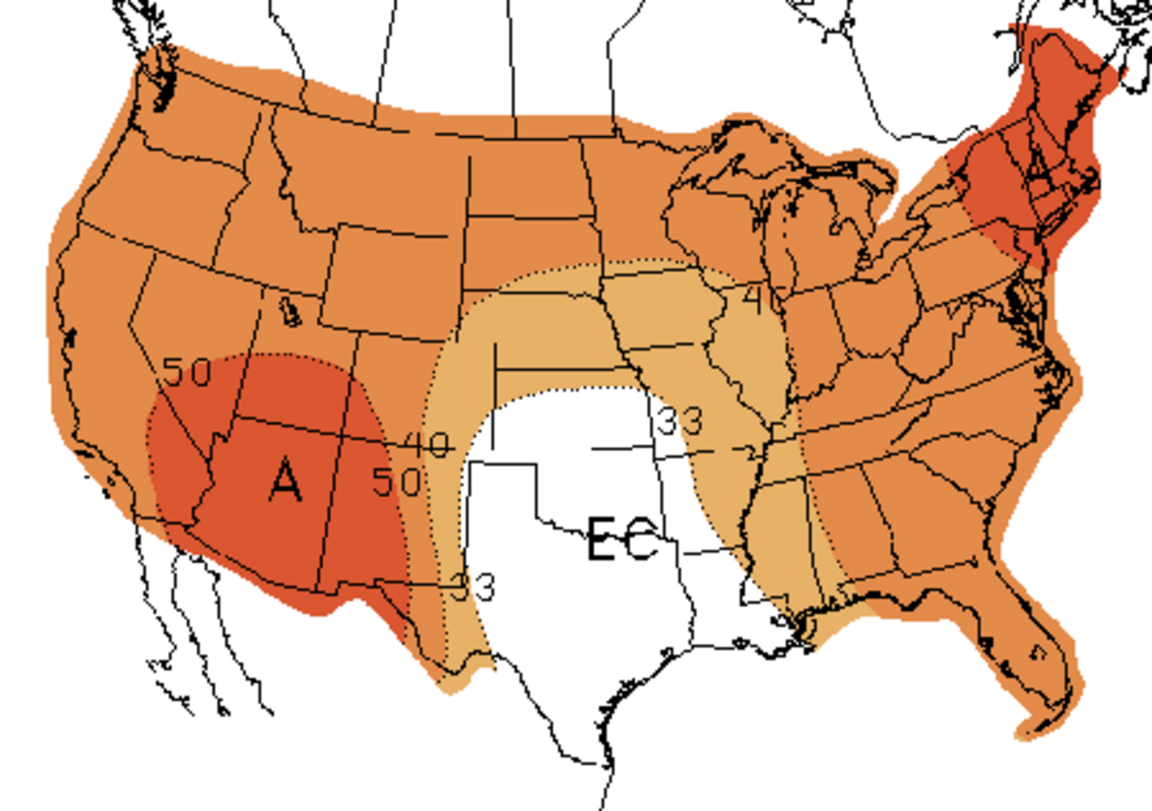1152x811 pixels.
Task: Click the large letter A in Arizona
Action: [286, 480]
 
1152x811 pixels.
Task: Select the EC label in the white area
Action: [623, 539]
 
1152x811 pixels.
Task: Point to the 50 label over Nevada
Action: [187, 372]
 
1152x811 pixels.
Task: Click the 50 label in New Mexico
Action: [397, 481]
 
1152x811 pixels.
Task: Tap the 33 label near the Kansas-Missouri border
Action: [680, 420]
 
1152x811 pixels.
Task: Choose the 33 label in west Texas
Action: [473, 587]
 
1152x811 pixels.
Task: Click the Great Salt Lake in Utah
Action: [289, 312]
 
